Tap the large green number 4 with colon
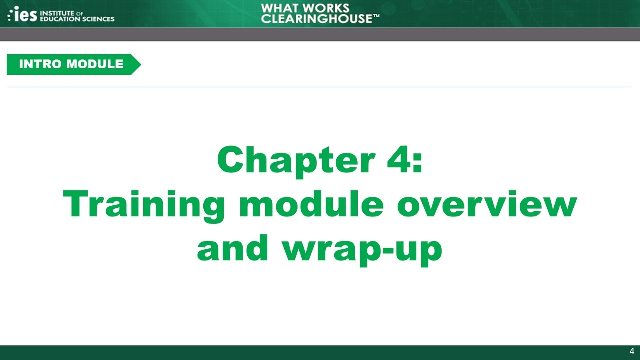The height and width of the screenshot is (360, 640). click(404, 160)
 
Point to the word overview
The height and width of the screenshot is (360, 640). click(487, 205)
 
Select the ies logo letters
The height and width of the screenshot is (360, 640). click(25, 14)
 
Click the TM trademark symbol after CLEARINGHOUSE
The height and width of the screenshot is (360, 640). click(376, 16)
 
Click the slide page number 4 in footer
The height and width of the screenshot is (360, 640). click(632, 351)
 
